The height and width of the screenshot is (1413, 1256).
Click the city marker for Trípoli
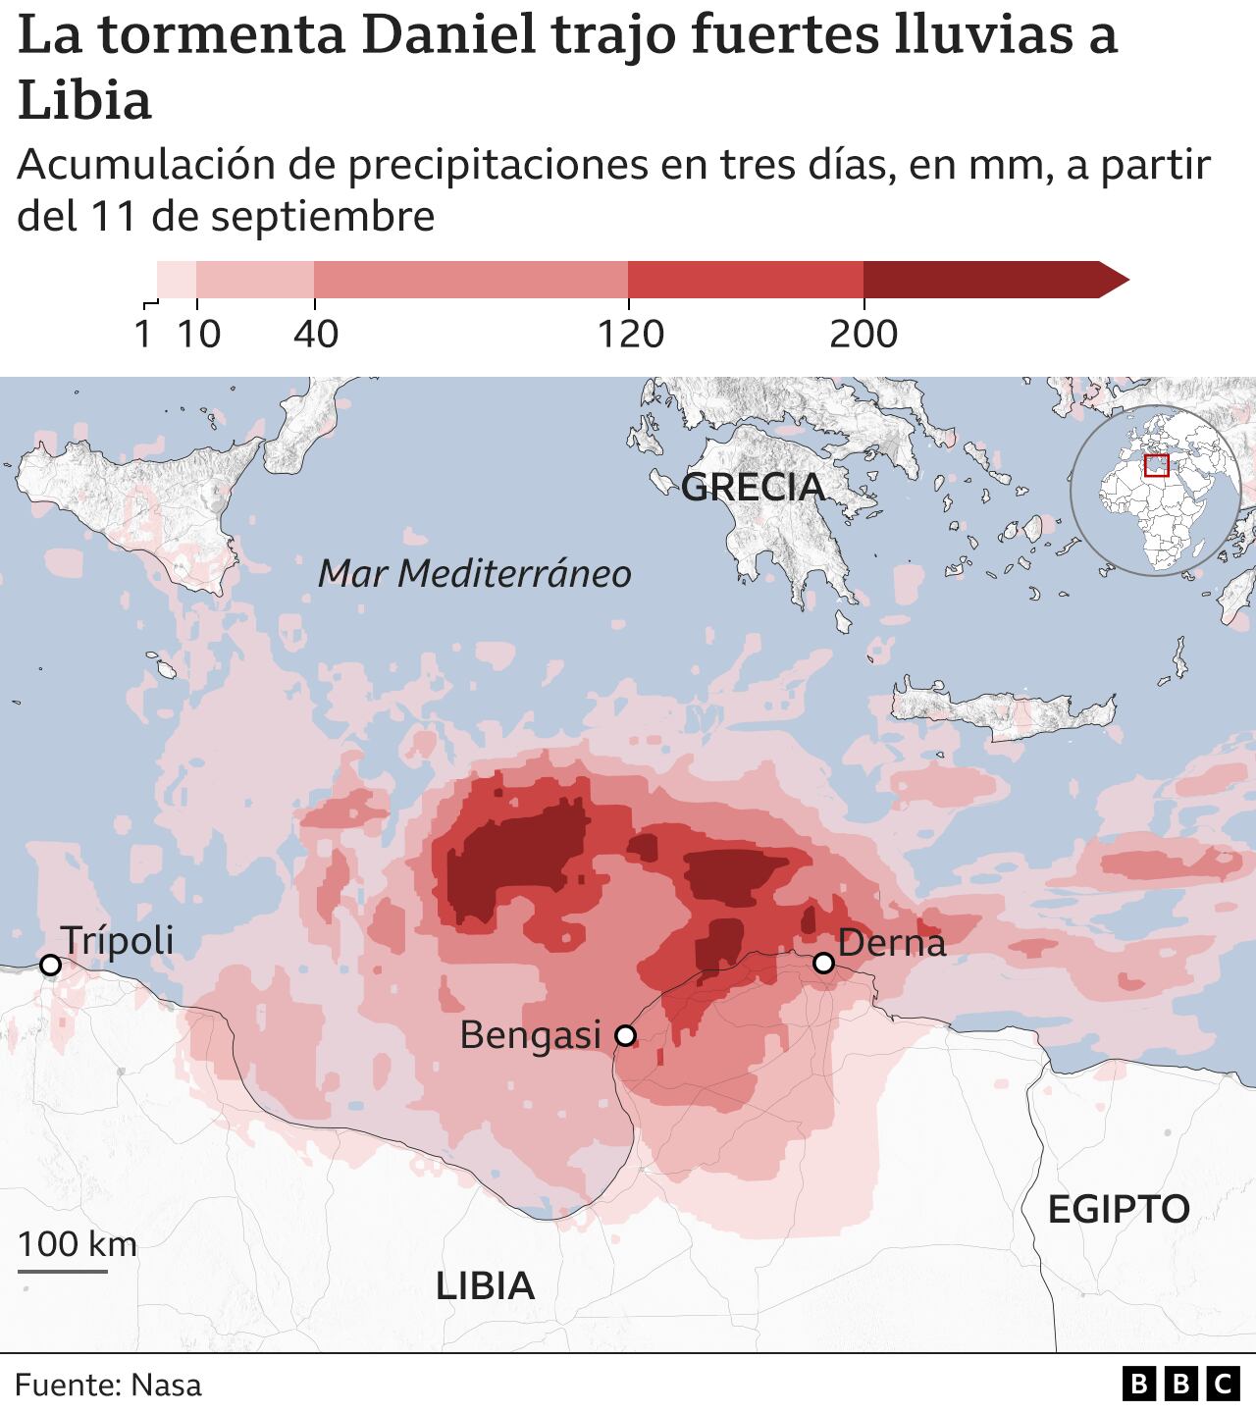50,966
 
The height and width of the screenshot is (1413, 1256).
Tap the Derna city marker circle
824,964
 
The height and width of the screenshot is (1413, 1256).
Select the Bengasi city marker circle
625,1035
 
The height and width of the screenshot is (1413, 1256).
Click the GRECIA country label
753,487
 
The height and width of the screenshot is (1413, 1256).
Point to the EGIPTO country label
1119,1209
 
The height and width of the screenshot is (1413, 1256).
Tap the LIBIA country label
485,1284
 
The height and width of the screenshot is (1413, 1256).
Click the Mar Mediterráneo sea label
474,573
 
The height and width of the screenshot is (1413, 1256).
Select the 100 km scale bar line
63,1272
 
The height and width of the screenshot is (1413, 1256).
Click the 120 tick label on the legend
631,336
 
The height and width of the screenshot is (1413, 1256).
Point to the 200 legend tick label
863,336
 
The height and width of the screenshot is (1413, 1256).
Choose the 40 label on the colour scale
316,336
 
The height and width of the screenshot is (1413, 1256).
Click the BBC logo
1180,1384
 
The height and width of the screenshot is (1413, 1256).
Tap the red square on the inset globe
1157,465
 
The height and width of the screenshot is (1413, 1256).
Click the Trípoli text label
117,940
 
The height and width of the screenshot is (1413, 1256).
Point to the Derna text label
892,942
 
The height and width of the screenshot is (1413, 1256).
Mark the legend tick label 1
143,336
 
